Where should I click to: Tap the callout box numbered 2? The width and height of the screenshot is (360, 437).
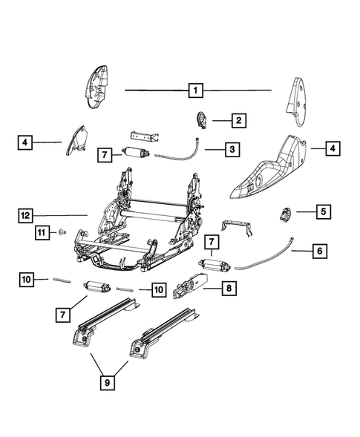click(238, 119)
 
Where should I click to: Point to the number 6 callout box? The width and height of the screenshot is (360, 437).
click(318, 252)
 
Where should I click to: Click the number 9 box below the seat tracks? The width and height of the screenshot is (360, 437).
click(108, 383)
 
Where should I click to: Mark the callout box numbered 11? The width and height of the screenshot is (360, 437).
click(43, 233)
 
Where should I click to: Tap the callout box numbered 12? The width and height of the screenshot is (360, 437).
click(27, 215)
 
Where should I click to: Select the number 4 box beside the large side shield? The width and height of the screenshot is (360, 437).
click(332, 149)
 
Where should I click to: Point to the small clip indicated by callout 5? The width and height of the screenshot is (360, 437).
click(284, 214)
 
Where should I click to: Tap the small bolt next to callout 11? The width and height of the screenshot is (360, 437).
click(62, 233)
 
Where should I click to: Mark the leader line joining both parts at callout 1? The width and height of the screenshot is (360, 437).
click(156, 90)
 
